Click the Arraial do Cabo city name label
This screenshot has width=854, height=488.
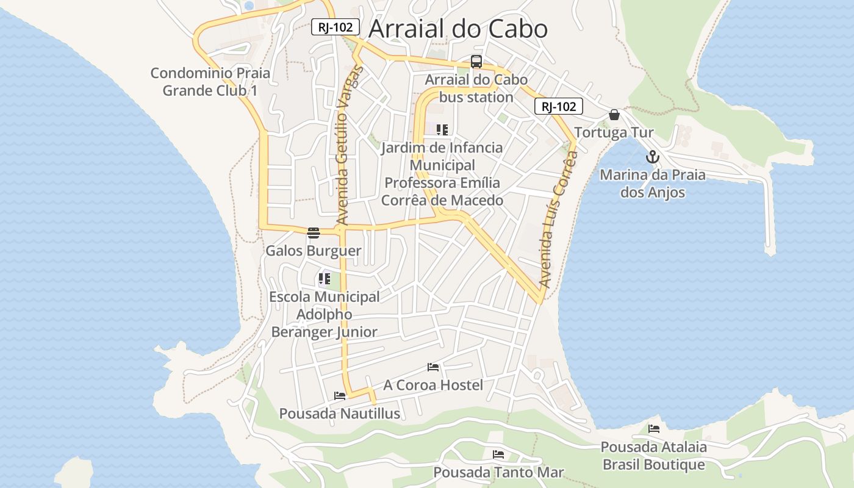click(458, 29)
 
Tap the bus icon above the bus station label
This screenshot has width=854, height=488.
click(476, 62)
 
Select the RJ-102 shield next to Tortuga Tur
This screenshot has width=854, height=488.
click(559, 106)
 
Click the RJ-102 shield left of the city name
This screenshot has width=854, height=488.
click(335, 27)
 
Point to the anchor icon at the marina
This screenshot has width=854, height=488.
click(653, 157)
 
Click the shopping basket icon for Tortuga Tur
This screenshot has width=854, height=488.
click(614, 115)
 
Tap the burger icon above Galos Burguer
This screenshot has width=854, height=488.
click(314, 232)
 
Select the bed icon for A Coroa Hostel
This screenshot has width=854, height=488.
click(433, 367)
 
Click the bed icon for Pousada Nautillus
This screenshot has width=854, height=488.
click(340, 395)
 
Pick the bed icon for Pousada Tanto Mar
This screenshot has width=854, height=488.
click(498, 454)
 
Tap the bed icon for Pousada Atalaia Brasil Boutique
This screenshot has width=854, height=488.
click(654, 428)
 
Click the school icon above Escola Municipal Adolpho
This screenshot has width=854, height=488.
click(324, 279)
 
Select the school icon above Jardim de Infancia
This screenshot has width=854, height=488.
click(442, 129)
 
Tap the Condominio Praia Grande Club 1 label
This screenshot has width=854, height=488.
click(210, 82)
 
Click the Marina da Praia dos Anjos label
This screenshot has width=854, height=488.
click(653, 184)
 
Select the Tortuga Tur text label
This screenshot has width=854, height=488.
click(614, 132)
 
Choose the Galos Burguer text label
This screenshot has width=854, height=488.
click(313, 251)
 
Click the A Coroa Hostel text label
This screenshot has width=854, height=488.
click(432, 385)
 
